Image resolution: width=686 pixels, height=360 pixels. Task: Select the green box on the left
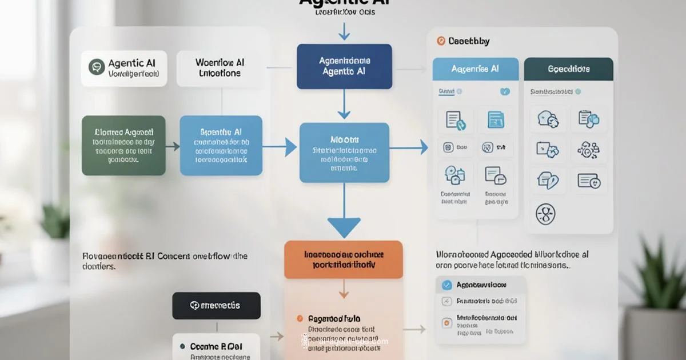pos(123,145)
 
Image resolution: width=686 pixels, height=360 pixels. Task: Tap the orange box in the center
pos(343,259)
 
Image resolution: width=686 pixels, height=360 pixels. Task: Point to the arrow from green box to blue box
pos(172,147)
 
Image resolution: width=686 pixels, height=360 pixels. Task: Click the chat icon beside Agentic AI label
pos(97,67)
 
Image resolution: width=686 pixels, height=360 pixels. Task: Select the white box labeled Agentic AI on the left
pos(124,68)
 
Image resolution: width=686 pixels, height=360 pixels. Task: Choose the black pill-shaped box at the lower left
pos(217,306)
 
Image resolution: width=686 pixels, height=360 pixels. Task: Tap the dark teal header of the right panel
pos(568,69)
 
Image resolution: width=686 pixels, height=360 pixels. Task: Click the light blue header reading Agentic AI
pos(476,69)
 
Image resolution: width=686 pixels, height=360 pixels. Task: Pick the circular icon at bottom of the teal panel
pos(545,214)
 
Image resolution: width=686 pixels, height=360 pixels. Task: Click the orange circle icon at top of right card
pos(440,41)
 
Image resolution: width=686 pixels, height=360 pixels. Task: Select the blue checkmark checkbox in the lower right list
pos(446,285)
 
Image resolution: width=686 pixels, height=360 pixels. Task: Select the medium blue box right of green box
pos(221,145)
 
